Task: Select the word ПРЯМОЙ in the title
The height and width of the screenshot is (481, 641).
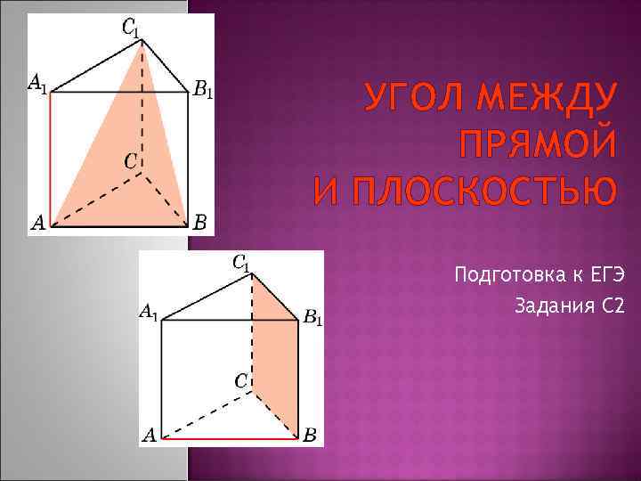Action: point(536,143)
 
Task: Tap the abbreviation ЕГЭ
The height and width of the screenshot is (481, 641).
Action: point(605,274)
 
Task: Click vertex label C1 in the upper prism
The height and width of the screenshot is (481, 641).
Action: point(130,29)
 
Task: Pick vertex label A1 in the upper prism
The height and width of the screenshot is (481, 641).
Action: point(37,85)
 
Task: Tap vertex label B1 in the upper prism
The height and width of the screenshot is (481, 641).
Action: point(203,90)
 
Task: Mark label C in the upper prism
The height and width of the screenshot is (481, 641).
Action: point(131,162)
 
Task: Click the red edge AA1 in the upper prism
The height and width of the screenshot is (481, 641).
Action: point(50,159)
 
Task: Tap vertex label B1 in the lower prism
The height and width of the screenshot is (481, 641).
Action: point(312,316)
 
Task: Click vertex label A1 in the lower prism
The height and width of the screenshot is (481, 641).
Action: point(149,313)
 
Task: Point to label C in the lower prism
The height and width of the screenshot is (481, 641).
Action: point(240,380)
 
